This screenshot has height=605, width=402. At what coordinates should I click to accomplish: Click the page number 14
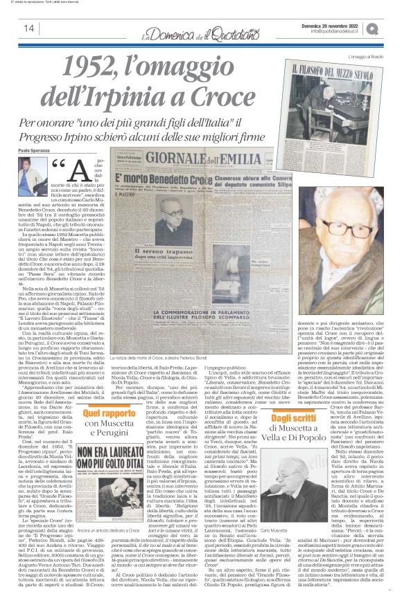point(28,28)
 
